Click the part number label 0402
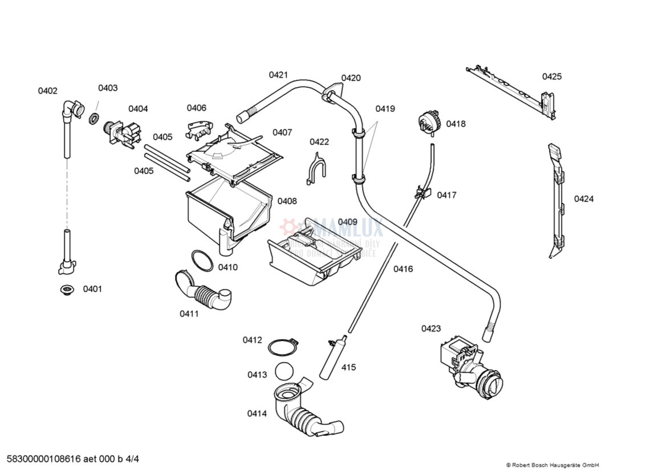[x=48, y=91]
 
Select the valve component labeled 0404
[x=122, y=135]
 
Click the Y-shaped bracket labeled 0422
[x=316, y=169]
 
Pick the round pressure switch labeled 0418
[x=428, y=123]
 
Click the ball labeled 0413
[x=283, y=371]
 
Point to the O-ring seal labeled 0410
[x=201, y=260]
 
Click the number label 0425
[x=551, y=76]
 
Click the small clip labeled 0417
[x=422, y=193]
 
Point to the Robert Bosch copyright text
[x=552, y=465]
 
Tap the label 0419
[x=385, y=109]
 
